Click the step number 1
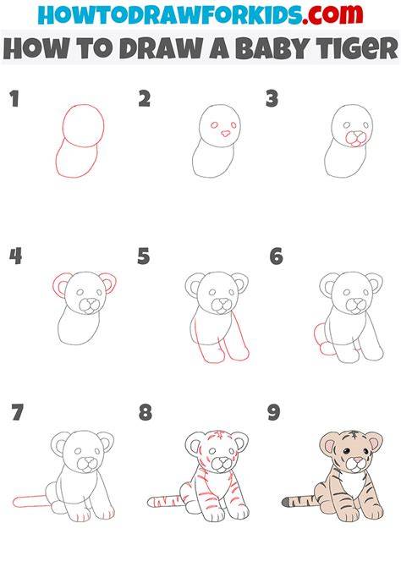click(14, 99)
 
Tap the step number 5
click(144, 256)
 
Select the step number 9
click(274, 412)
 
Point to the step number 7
click(17, 412)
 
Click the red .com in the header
click(332, 14)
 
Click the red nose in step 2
click(225, 134)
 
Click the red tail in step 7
click(30, 502)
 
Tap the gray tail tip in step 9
click(286, 502)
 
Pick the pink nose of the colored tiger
click(358, 460)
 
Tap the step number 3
click(272, 99)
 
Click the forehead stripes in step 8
click(217, 436)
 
